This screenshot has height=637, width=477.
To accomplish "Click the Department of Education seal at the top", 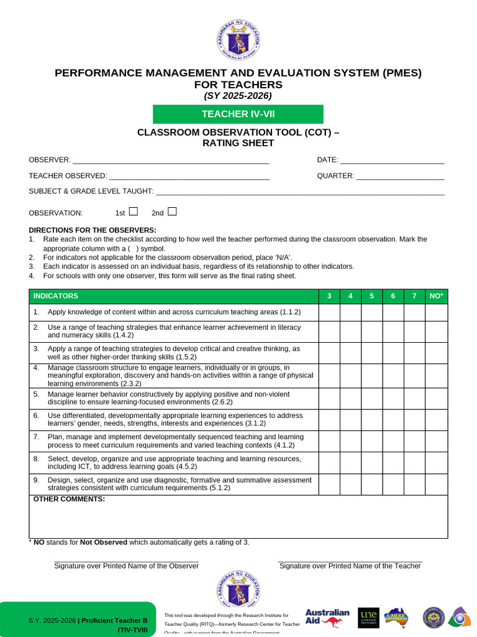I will (238, 40).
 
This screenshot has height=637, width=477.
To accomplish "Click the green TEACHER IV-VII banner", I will (238, 114).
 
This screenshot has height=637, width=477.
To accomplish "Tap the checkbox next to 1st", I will (133, 212).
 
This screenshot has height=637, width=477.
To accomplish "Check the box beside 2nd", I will (172, 212).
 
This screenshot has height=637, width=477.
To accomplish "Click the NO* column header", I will (436, 296).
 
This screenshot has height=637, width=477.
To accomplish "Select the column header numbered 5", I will (371, 296).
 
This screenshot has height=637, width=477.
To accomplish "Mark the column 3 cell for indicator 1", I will (329, 312).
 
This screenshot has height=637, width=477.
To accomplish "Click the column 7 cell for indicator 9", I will (414, 485).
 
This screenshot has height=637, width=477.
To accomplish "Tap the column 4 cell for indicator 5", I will (350, 399).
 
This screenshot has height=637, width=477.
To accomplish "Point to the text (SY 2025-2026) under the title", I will (238, 96).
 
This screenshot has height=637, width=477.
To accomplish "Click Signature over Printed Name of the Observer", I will (126, 566).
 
